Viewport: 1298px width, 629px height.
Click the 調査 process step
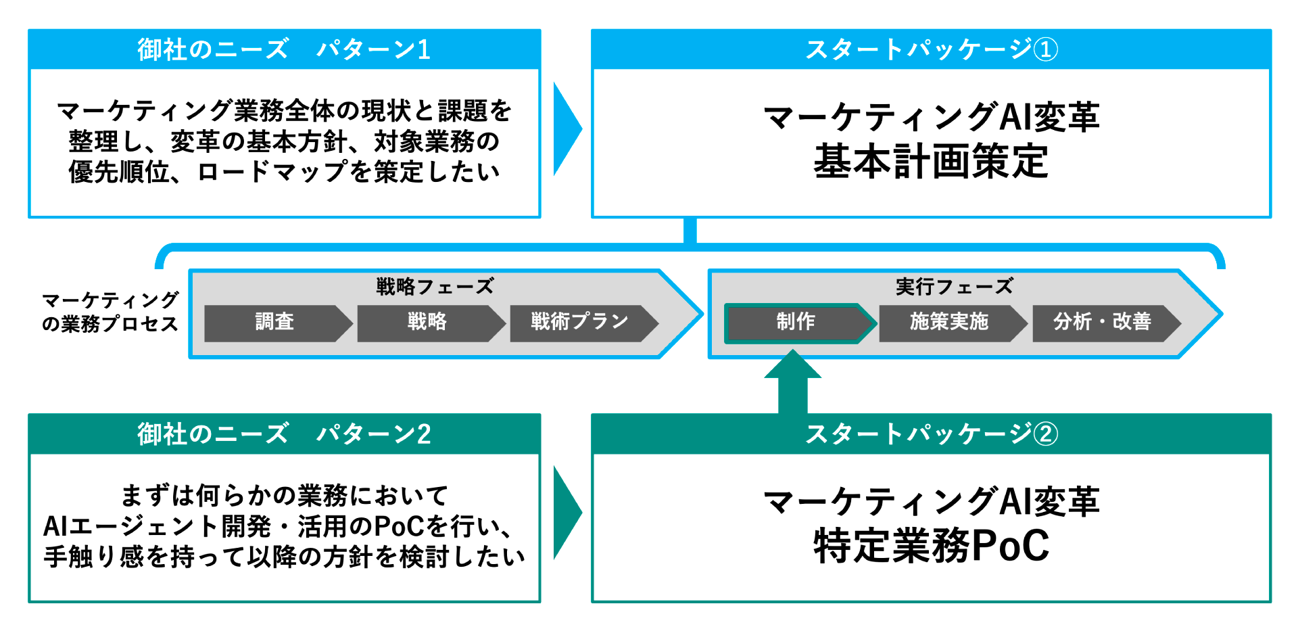[274, 322]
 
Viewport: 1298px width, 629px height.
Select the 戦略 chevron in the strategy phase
[427, 322]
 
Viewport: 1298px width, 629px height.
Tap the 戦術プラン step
[580, 322]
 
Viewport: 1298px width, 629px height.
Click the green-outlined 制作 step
[796, 322]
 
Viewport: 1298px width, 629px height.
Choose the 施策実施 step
[949, 322]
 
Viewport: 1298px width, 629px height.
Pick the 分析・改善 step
[1102, 322]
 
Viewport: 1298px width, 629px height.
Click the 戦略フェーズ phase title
[435, 287]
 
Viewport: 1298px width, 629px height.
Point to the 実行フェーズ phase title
[954, 287]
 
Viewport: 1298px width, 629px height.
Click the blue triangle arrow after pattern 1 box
[567, 129]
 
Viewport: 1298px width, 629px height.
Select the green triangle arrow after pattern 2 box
[567, 513]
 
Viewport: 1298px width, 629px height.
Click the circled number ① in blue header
[1046, 49]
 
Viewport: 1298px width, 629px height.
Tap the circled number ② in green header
[1046, 434]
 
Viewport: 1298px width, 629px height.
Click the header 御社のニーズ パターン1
[284, 49]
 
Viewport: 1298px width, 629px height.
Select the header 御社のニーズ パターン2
[284, 434]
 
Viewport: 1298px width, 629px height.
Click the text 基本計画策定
[931, 162]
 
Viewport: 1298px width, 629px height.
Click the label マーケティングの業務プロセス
[110, 312]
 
